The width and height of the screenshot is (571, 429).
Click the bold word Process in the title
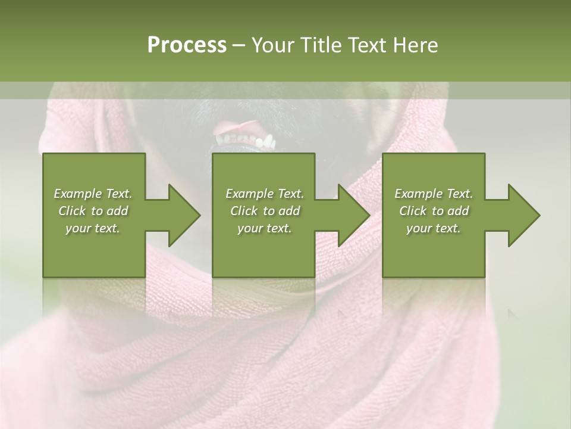187,45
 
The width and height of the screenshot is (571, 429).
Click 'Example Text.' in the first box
93,194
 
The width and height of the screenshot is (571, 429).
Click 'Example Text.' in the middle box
265,194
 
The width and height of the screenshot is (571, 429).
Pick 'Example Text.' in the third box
434,194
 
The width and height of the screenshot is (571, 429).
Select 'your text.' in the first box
93,228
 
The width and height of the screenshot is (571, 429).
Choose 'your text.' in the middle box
265,228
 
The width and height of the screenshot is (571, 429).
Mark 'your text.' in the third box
434,228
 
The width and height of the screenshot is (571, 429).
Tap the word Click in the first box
72,211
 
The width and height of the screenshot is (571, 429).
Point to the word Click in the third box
413,211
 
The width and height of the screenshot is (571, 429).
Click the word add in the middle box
289,211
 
